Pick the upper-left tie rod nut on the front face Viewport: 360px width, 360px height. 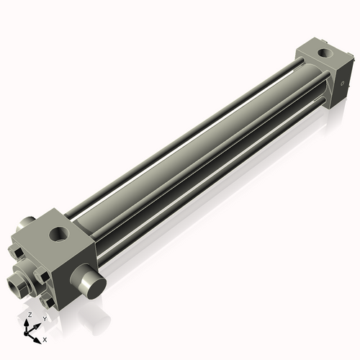tap(14, 251)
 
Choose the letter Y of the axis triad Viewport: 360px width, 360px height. tap(45, 318)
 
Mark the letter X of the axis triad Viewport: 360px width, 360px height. tap(45, 338)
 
